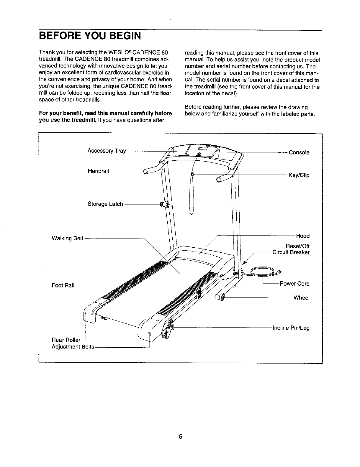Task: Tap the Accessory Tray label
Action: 107,151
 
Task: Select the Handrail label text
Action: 98,171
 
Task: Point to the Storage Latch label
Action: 105,204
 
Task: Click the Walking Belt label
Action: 68,238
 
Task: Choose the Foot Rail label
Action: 63,285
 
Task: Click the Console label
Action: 299,152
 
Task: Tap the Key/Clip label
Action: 299,175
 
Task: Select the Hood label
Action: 303,236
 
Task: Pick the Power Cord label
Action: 294,284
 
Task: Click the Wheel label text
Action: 301,298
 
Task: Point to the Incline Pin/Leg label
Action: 291,328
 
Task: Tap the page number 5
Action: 180,437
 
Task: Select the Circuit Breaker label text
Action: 291,252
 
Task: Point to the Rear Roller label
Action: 66,340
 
